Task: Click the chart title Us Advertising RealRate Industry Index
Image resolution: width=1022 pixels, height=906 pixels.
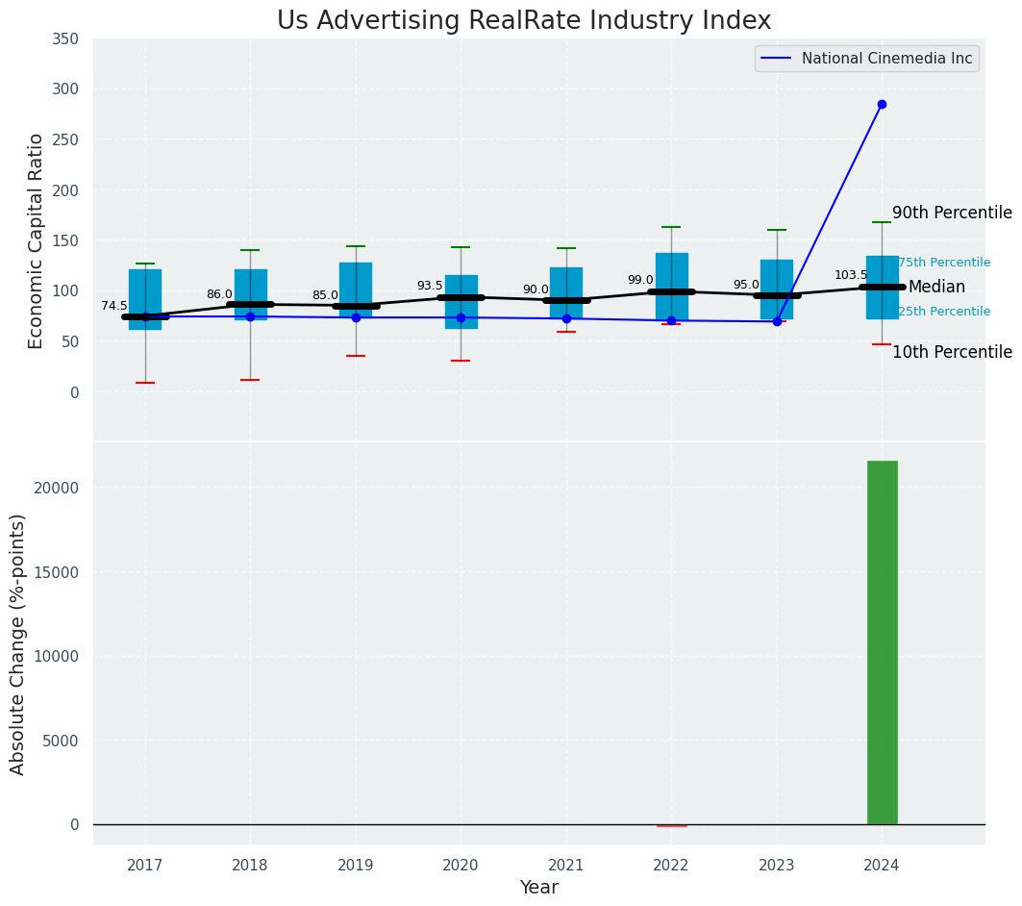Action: click(x=523, y=21)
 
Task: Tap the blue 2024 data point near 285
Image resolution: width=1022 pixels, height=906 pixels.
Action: click(x=882, y=104)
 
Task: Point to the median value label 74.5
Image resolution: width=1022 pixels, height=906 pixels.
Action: click(x=114, y=306)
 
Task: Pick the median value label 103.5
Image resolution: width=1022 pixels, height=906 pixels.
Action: click(x=851, y=275)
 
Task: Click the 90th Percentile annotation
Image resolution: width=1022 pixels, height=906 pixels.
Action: click(x=952, y=213)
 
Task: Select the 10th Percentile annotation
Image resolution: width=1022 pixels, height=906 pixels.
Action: click(x=952, y=352)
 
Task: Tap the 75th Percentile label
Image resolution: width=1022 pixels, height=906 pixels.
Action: click(x=944, y=263)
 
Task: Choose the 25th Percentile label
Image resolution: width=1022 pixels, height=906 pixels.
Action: click(x=944, y=312)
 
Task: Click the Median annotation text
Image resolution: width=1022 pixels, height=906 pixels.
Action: click(x=936, y=287)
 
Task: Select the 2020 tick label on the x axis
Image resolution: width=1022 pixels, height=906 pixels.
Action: click(x=461, y=866)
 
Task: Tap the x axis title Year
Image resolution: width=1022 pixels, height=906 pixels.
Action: click(x=538, y=888)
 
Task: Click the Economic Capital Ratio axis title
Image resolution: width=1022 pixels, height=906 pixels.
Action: click(x=37, y=240)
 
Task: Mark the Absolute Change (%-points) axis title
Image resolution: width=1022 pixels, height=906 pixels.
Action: click(x=18, y=643)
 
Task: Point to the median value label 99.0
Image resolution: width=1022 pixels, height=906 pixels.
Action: click(x=640, y=280)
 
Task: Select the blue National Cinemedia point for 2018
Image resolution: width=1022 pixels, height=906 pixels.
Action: click(x=250, y=316)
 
